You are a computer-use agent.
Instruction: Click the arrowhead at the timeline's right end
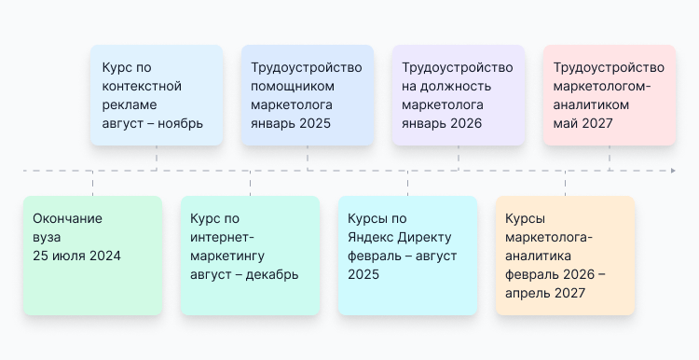[672, 171]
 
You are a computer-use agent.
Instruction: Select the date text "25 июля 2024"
[76, 256]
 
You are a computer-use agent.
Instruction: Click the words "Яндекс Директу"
[391, 237]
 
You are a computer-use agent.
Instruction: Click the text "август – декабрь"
[244, 274]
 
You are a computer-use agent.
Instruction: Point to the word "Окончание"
[67, 218]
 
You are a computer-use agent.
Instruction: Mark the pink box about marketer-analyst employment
[609, 94]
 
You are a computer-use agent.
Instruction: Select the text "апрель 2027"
[545, 293]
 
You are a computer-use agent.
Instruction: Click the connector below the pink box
[609, 158]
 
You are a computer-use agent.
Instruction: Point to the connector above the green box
[92, 184]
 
